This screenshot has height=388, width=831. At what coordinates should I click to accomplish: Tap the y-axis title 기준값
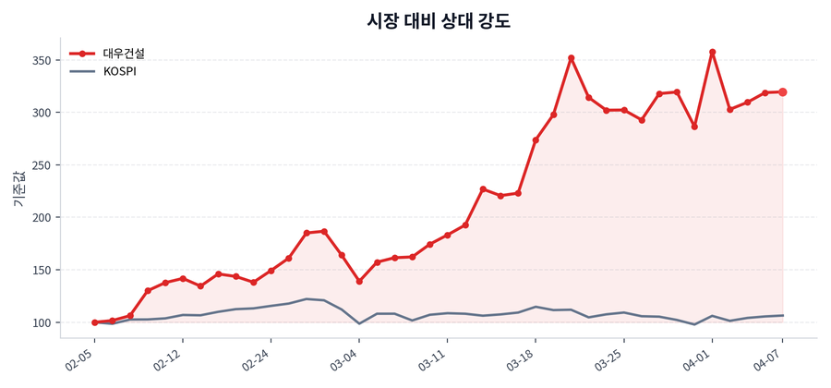pos(18,188)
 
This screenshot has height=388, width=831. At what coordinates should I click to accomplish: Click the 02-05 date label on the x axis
pos(82,358)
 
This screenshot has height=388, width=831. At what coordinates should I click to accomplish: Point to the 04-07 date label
pos(770,358)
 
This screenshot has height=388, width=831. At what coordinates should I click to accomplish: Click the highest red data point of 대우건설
pos(712,53)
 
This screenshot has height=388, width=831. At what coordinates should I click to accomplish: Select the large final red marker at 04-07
pos(782,92)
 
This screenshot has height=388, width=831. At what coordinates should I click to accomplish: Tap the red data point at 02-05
pos(94,322)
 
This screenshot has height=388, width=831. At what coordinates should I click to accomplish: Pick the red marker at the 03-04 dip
pos(359,281)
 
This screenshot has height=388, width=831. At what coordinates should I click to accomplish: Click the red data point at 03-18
pos(536,140)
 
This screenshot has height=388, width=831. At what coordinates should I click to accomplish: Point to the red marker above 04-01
pos(712,53)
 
